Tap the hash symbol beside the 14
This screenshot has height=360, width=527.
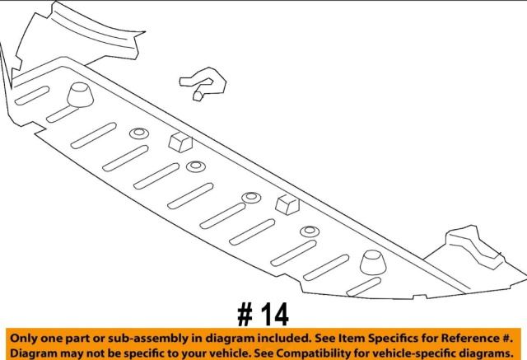pyautogui.click(x=245, y=315)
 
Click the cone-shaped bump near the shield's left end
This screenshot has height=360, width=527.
pyautogui.click(x=80, y=95)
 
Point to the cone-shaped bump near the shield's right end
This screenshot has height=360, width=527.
pyautogui.click(x=373, y=263)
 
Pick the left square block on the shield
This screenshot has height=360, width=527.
pyautogui.click(x=180, y=143)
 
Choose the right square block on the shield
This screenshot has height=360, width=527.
pyautogui.click(x=287, y=204)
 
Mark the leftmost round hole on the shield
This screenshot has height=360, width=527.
pyautogui.click(x=139, y=133)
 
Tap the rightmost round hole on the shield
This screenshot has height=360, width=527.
pyautogui.click(x=310, y=231)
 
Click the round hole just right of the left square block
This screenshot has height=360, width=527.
pyautogui.click(x=196, y=166)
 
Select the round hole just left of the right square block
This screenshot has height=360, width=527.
pyautogui.click(x=251, y=198)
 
